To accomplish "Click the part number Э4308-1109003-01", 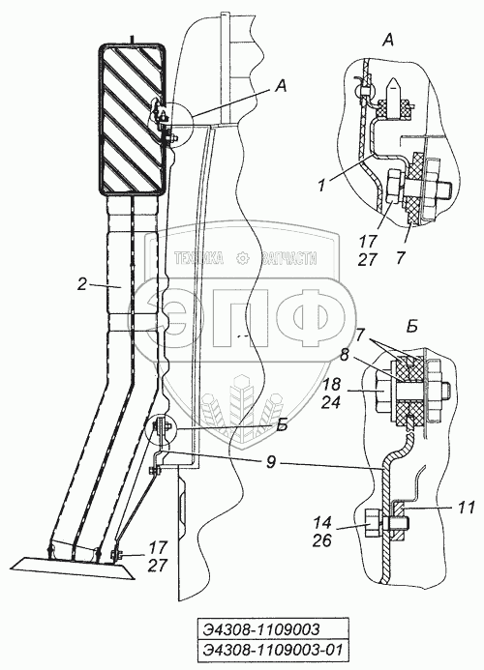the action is click(273, 651).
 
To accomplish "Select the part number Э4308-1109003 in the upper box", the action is click(261, 629).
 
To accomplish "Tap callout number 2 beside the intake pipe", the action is click(81, 284).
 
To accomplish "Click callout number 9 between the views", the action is click(271, 462).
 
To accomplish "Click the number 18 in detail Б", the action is click(332, 384).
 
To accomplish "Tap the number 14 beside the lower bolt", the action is click(322, 523).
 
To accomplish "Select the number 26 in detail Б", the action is click(322, 540).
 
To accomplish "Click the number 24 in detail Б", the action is click(332, 402).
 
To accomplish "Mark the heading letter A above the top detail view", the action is click(387, 41).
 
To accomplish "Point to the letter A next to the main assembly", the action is click(280, 87).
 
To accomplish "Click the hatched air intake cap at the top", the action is click(132, 119).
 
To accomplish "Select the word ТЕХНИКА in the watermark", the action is click(199, 258).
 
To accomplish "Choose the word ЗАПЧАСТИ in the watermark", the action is click(288, 258).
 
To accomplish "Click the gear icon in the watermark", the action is click(242, 258).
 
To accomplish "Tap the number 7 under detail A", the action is click(401, 258).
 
